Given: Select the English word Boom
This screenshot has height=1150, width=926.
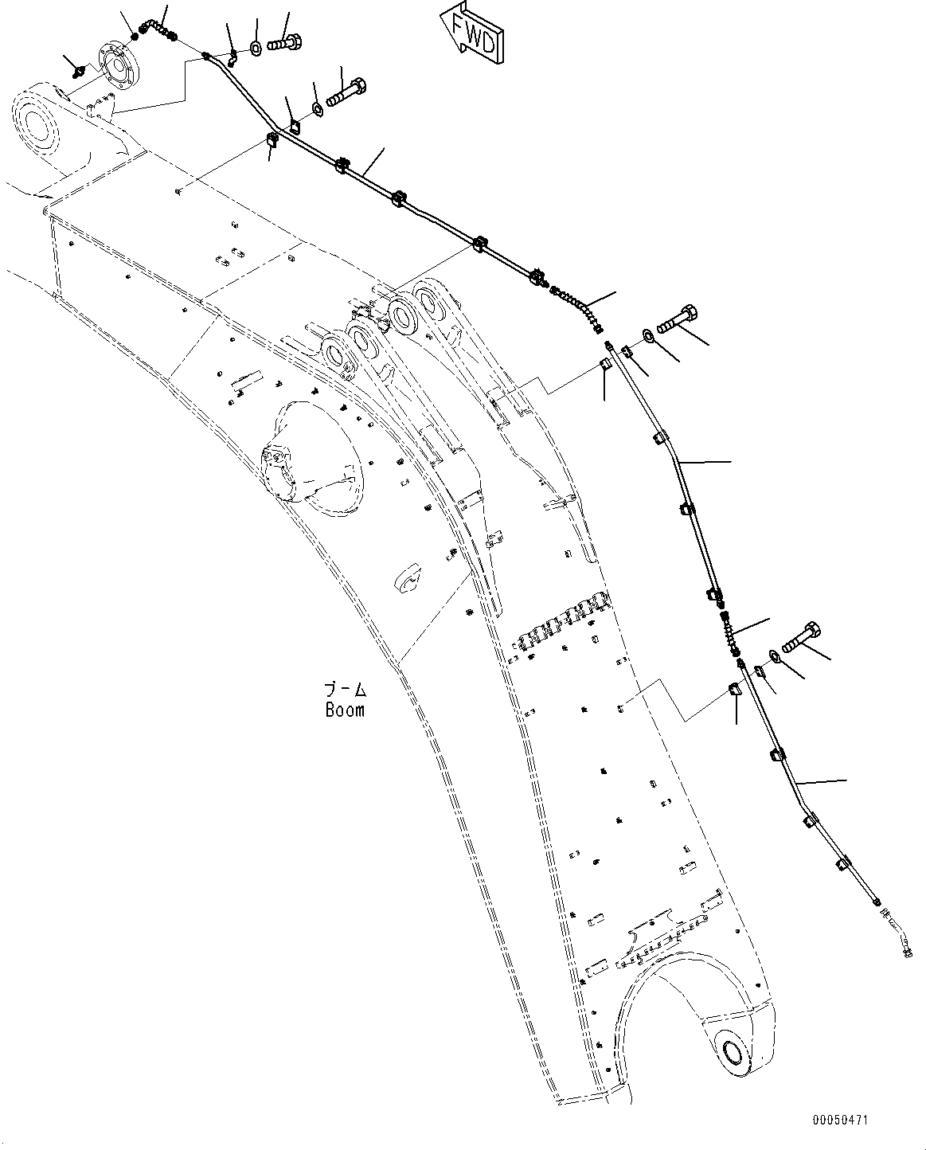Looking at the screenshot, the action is pos(344,709).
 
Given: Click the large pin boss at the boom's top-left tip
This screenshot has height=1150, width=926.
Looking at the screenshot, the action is pos(36,123).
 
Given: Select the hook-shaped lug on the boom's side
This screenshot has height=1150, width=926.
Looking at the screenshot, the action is pos(405,579).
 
